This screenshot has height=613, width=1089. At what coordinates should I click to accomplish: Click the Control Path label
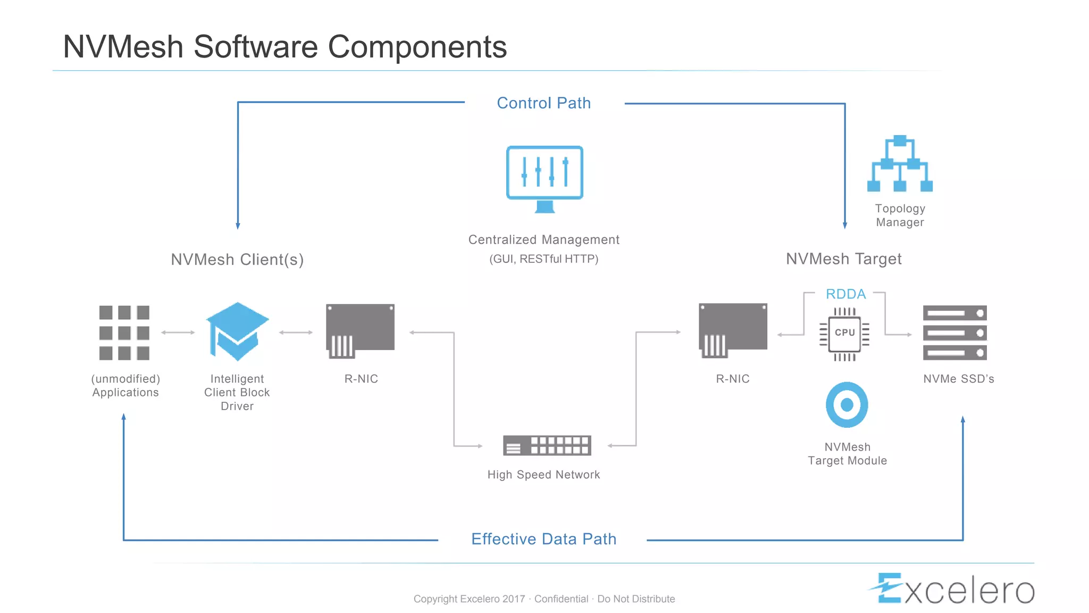(543, 103)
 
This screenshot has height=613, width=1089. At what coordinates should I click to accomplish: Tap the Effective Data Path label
(543, 539)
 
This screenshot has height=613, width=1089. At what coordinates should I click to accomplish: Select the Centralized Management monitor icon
(544, 178)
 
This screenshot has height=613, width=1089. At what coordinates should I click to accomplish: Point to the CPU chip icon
(844, 334)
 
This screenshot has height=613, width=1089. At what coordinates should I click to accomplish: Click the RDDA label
(845, 294)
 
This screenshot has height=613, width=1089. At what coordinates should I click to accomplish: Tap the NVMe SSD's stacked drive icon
(954, 333)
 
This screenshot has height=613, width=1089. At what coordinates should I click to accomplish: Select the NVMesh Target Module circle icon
(847, 405)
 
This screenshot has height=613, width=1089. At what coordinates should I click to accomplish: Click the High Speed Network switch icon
(547, 445)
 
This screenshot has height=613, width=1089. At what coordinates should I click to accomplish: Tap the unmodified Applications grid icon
(124, 333)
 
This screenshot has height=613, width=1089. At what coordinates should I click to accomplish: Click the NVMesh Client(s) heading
(237, 260)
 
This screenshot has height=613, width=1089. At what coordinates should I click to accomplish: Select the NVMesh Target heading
(843, 259)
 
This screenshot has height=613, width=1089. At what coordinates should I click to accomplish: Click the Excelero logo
(952, 589)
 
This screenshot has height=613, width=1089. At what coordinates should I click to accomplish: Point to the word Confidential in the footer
(561, 599)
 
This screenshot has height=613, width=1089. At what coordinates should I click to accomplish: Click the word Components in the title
(417, 47)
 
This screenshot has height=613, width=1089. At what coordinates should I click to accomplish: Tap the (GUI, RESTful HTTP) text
(543, 259)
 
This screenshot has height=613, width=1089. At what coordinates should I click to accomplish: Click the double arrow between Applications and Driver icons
(178, 333)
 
